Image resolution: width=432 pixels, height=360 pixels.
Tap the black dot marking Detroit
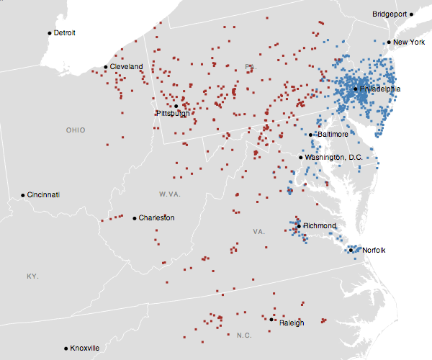point(50,33)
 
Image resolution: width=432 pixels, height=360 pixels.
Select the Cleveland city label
point(127,67)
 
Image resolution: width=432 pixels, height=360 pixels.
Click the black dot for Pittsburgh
point(176,106)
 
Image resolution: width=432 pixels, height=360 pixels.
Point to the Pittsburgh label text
point(173,114)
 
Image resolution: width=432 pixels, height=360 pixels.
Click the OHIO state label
point(76,130)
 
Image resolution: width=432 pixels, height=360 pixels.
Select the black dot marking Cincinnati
point(23,195)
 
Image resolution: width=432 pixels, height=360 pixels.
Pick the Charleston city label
point(156,218)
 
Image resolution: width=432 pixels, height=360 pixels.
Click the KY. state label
point(32,276)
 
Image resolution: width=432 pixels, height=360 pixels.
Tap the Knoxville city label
point(85,348)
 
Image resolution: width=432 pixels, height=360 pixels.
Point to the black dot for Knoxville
point(66,348)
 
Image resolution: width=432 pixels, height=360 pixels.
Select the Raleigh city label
point(292,323)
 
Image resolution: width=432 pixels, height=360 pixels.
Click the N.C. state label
point(244,336)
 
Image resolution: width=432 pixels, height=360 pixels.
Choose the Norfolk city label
point(374,251)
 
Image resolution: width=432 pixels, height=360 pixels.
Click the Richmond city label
point(320,226)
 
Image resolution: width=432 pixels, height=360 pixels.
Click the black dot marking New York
point(389,42)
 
